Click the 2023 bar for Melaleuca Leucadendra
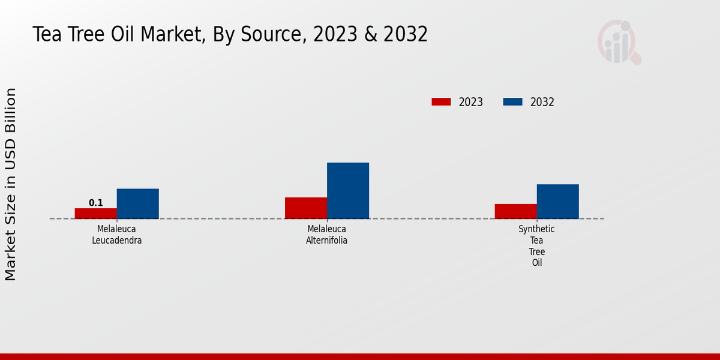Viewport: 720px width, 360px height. pos(96,214)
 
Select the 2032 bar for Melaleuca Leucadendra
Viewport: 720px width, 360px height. pos(138,204)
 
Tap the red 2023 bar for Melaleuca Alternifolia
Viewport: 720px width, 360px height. pos(306,208)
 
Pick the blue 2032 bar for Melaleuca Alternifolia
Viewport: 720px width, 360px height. pos(348,191)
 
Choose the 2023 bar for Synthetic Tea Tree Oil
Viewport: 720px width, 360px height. pos(516,211)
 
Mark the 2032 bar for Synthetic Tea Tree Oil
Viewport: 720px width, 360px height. pos(558,202)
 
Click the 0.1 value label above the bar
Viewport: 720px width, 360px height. pos(96,203)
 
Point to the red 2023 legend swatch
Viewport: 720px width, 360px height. pos(441,102)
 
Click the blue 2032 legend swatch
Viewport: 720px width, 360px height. pos(512,102)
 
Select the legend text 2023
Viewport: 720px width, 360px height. pos(471,102)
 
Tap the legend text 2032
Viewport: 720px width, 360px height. pos(542,102)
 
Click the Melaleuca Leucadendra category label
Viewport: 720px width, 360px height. pos(117,235)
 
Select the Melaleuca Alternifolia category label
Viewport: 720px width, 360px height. pos(327,235)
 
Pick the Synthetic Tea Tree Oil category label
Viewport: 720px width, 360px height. pos(537,246)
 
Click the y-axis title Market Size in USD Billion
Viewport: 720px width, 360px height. pos(11,184)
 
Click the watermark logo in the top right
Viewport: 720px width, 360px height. pos(619,42)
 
